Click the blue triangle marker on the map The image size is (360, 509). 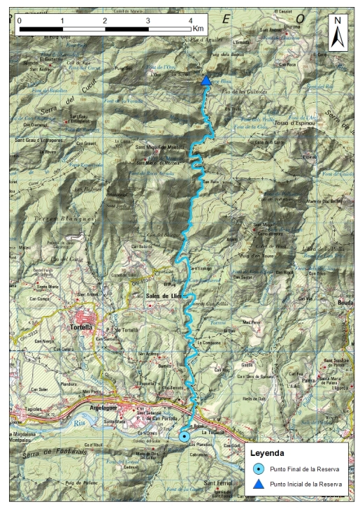click(x=206, y=81)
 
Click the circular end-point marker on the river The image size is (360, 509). click(x=184, y=436)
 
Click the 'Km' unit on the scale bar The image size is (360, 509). click(x=199, y=29)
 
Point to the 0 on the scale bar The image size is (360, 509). click(x=20, y=20)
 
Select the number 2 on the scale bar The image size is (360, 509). click(x=105, y=20)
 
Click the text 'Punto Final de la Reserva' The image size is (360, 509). click(x=309, y=468)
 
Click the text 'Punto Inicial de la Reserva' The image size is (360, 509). click(x=310, y=484)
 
